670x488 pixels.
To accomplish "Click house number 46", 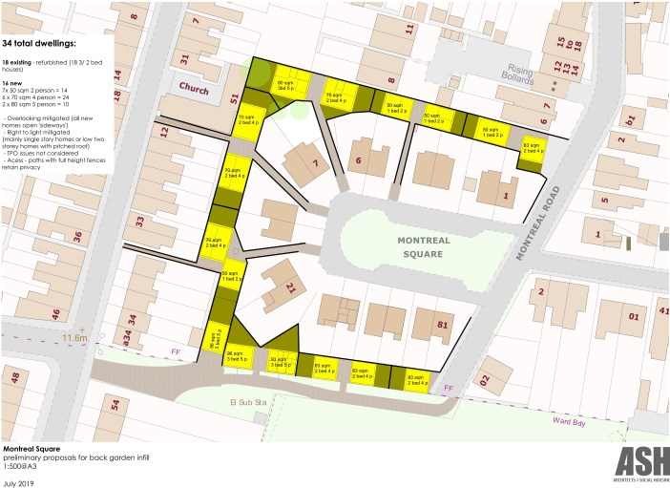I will (x=56, y=313).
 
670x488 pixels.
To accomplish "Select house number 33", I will (x=139, y=222).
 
